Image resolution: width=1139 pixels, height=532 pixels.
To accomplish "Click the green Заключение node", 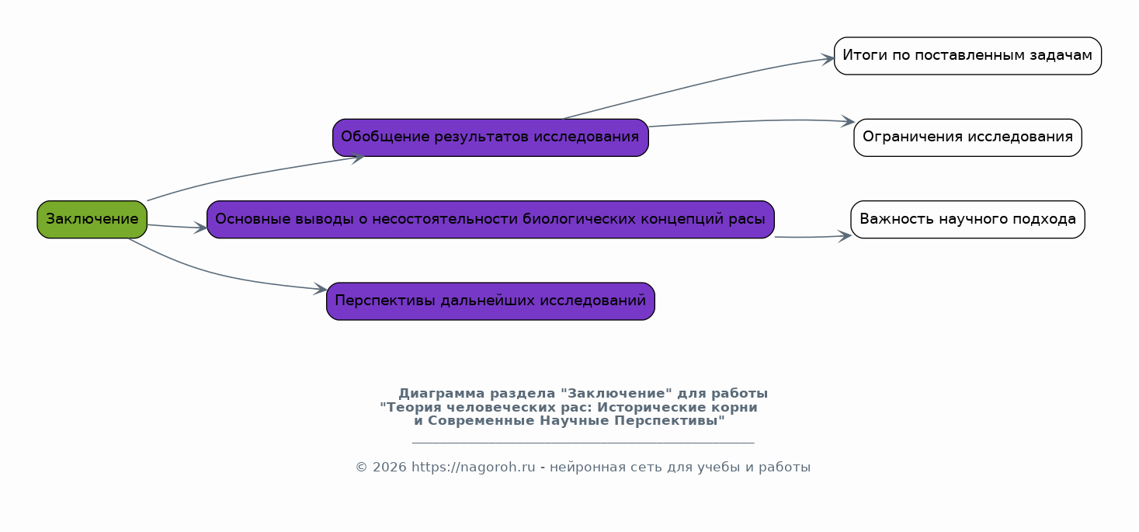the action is pyautogui.click(x=92, y=219).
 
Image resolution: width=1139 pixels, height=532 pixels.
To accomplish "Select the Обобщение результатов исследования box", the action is pyautogui.click(x=491, y=137).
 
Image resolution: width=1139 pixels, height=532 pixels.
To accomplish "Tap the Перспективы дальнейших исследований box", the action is pyautogui.click(x=491, y=301).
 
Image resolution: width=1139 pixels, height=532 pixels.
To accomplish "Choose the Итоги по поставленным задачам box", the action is pyautogui.click(x=967, y=55).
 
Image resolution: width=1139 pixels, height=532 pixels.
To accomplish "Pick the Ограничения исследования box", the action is pyautogui.click(x=967, y=137).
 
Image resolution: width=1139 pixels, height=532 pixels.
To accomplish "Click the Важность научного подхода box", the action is pyautogui.click(x=967, y=219).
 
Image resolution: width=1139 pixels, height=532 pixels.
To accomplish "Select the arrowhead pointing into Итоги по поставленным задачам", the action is pyautogui.click(x=828, y=59).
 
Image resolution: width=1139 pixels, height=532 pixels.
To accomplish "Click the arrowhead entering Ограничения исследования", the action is pyautogui.click(x=848, y=121).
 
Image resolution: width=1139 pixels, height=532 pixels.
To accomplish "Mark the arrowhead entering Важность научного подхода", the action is pyautogui.click(x=845, y=236).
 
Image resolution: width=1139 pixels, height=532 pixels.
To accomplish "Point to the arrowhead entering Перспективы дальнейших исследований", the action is pyautogui.click(x=321, y=289).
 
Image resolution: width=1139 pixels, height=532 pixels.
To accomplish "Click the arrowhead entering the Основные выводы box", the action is pyautogui.click(x=200, y=228).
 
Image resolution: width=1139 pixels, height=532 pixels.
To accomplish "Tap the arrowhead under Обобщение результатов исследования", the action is pyautogui.click(x=358, y=158).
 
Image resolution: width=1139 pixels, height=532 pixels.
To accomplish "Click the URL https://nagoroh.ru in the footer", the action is pyautogui.click(x=473, y=467).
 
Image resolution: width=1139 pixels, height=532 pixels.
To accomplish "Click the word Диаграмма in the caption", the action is pyautogui.click(x=441, y=394).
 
